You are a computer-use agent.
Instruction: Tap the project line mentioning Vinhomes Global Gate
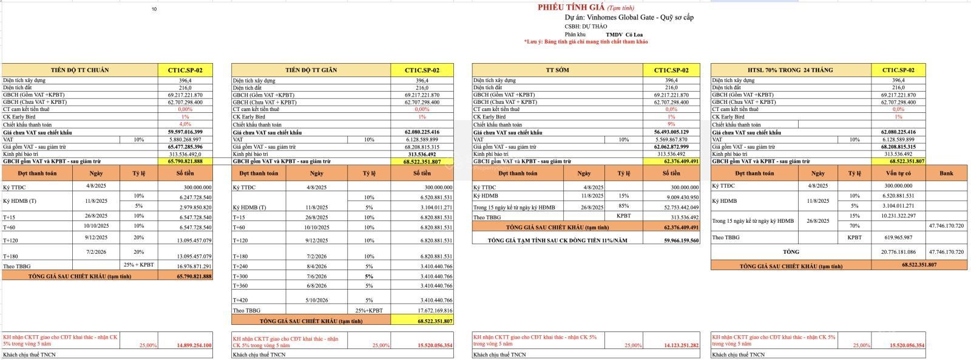629,18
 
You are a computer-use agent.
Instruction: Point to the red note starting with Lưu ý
586,42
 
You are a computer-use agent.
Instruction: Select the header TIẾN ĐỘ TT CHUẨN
80,70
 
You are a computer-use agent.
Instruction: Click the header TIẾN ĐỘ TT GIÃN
310,70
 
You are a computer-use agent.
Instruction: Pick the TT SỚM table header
557,70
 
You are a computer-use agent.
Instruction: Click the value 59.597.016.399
185,132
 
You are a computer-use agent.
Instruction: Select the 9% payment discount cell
671,124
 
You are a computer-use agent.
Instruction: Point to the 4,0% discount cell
185,124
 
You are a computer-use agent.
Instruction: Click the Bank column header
946,173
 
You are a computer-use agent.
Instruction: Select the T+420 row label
241,300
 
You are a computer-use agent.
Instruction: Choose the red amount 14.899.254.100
194,345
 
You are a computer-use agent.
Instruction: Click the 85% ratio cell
623,207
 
